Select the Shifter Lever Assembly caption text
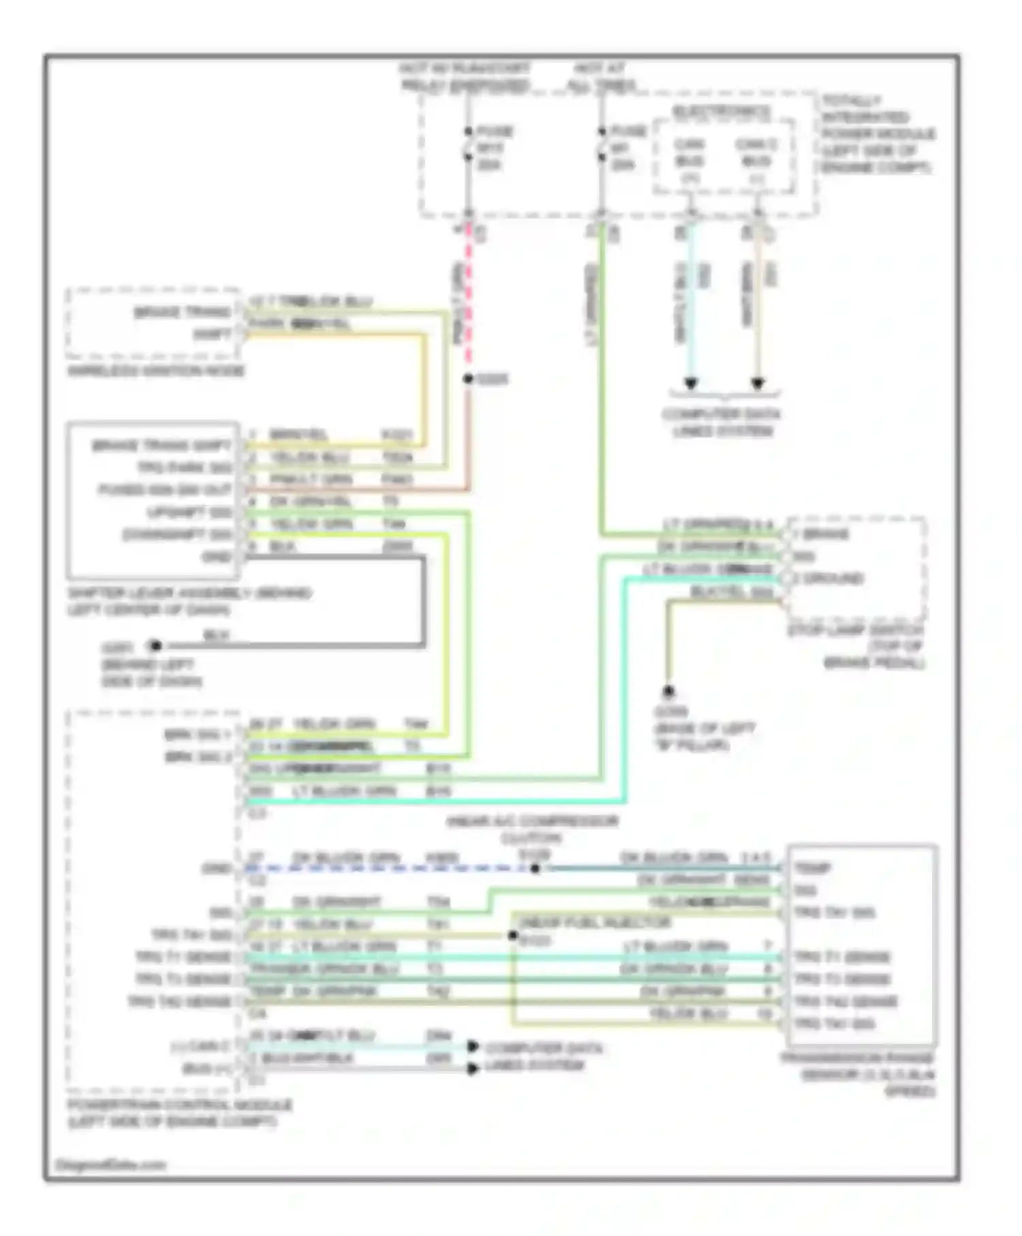[189, 601]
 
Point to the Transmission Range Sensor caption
[858, 1075]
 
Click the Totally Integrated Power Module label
[877, 134]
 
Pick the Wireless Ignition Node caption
[156, 371]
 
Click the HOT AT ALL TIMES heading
[601, 76]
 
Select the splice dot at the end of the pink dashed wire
[468, 379]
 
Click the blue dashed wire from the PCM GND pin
[388, 869]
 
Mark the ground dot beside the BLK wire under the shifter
[155, 645]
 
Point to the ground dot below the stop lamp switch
[668, 692]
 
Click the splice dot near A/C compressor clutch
[536, 869]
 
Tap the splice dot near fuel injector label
[513, 936]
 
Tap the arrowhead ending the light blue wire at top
[691, 384]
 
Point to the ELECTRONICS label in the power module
[722, 111]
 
